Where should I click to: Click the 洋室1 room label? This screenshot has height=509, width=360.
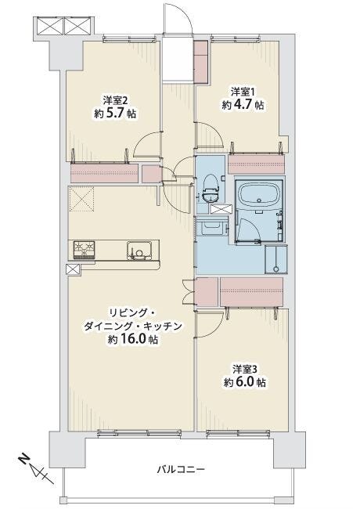(x=243, y=92)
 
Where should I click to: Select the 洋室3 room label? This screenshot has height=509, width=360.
(x=245, y=369)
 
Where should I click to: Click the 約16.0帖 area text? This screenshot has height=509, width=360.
(x=133, y=340)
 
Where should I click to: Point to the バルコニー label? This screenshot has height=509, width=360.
(x=181, y=469)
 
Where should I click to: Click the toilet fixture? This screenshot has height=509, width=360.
(x=211, y=189)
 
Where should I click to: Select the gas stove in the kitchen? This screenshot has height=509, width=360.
(x=84, y=250)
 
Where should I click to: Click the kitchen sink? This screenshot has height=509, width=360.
(x=139, y=251)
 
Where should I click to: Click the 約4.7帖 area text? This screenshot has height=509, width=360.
(x=243, y=105)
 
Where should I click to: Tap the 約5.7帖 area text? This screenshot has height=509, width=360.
(x=115, y=114)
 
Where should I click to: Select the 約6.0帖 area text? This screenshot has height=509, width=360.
(x=245, y=382)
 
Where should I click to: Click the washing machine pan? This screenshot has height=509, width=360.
(x=276, y=259)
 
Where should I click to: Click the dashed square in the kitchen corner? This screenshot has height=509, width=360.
(x=81, y=199)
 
